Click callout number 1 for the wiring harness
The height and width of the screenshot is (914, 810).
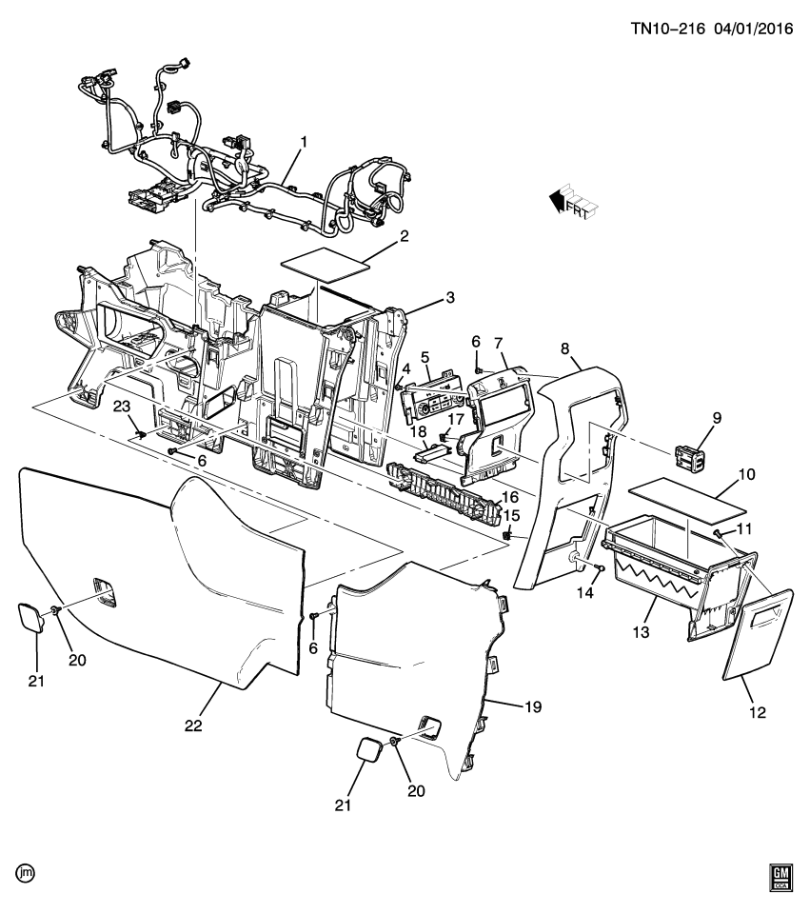[304, 143]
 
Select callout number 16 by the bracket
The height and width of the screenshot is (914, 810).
[510, 497]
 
